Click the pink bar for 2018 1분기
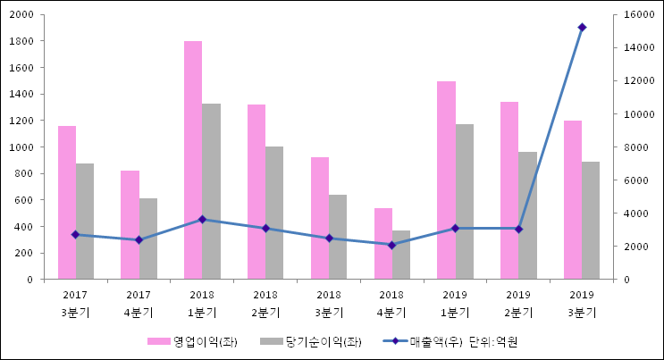pos(193,161)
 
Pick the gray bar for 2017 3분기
pos(85,222)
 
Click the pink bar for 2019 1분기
pos(446,180)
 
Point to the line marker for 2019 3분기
pos(582,28)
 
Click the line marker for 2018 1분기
pos(202,219)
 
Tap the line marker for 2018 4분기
pos(391,245)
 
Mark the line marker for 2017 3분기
pos(76,234)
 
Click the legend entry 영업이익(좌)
pos(192,341)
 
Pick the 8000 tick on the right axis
pos(623,147)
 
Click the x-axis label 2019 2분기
pos(518,304)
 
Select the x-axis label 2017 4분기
pos(139,304)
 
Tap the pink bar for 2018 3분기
pos(320,218)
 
